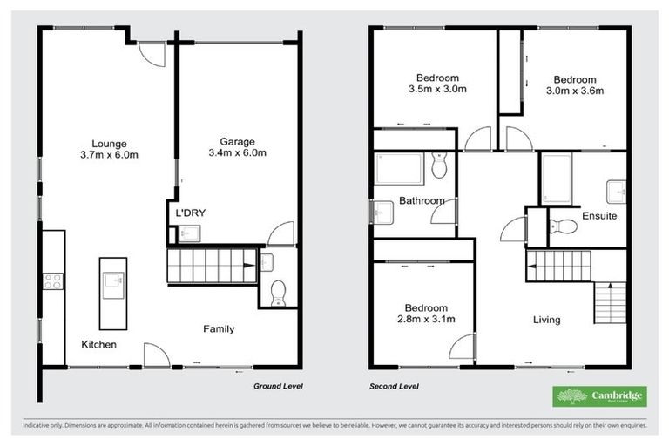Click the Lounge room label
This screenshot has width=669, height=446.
pyautogui.click(x=110, y=144)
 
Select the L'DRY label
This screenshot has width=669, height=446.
pyautogui.click(x=191, y=213)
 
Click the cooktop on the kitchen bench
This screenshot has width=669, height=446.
pyautogui.click(x=51, y=281)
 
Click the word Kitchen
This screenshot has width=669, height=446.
pyautogui.click(x=99, y=345)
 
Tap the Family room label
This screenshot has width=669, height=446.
pyautogui.click(x=219, y=329)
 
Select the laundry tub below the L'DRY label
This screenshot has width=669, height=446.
pyautogui.click(x=190, y=233)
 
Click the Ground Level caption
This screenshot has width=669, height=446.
pyautogui.click(x=278, y=385)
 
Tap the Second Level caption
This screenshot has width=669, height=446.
pyautogui.click(x=394, y=385)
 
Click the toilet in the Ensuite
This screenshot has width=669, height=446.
pyautogui.click(x=564, y=227)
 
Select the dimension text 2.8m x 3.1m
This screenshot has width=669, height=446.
pyautogui.click(x=426, y=320)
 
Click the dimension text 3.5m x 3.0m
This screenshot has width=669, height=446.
pyautogui.click(x=437, y=89)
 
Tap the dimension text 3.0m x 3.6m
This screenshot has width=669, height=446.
pyautogui.click(x=575, y=90)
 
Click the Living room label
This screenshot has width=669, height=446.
pyautogui.click(x=547, y=320)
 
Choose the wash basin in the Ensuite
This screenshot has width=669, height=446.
pyautogui.click(x=617, y=187)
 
